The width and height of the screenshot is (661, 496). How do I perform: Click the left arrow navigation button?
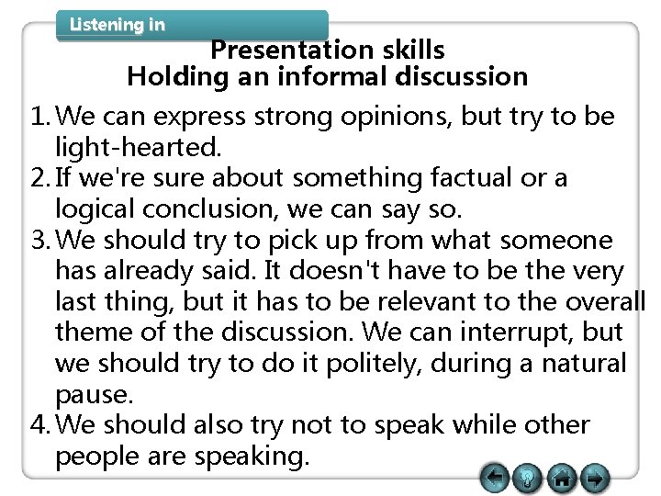[x=495, y=477]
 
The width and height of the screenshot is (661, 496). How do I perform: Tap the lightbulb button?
[x=529, y=478]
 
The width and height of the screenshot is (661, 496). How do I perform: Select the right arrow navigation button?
[x=595, y=478]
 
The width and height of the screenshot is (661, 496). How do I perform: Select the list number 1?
[x=18, y=118]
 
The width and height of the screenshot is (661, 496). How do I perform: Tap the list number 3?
[x=18, y=241]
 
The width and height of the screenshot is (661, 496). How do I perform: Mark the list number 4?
[x=18, y=425]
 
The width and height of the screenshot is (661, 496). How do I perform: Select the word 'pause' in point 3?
[x=93, y=395]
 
